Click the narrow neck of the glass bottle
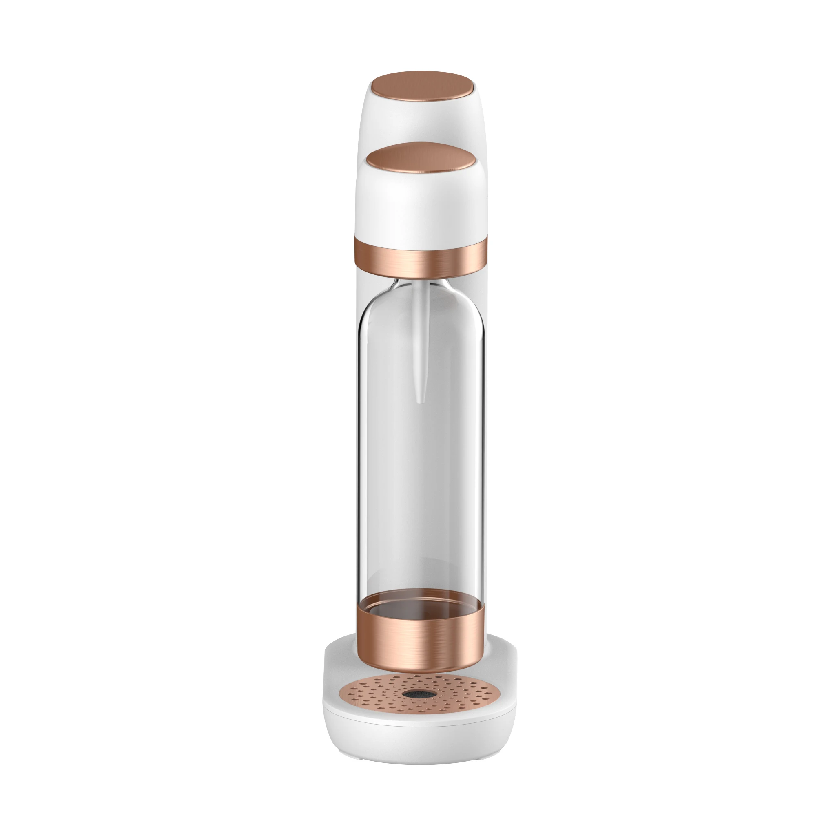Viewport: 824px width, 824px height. pyautogui.click(x=420, y=284)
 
